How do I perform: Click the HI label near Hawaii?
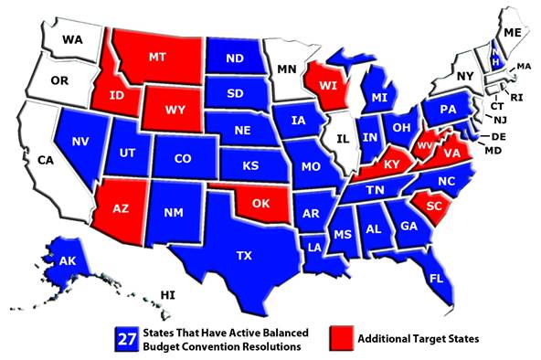click(x=167, y=295)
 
